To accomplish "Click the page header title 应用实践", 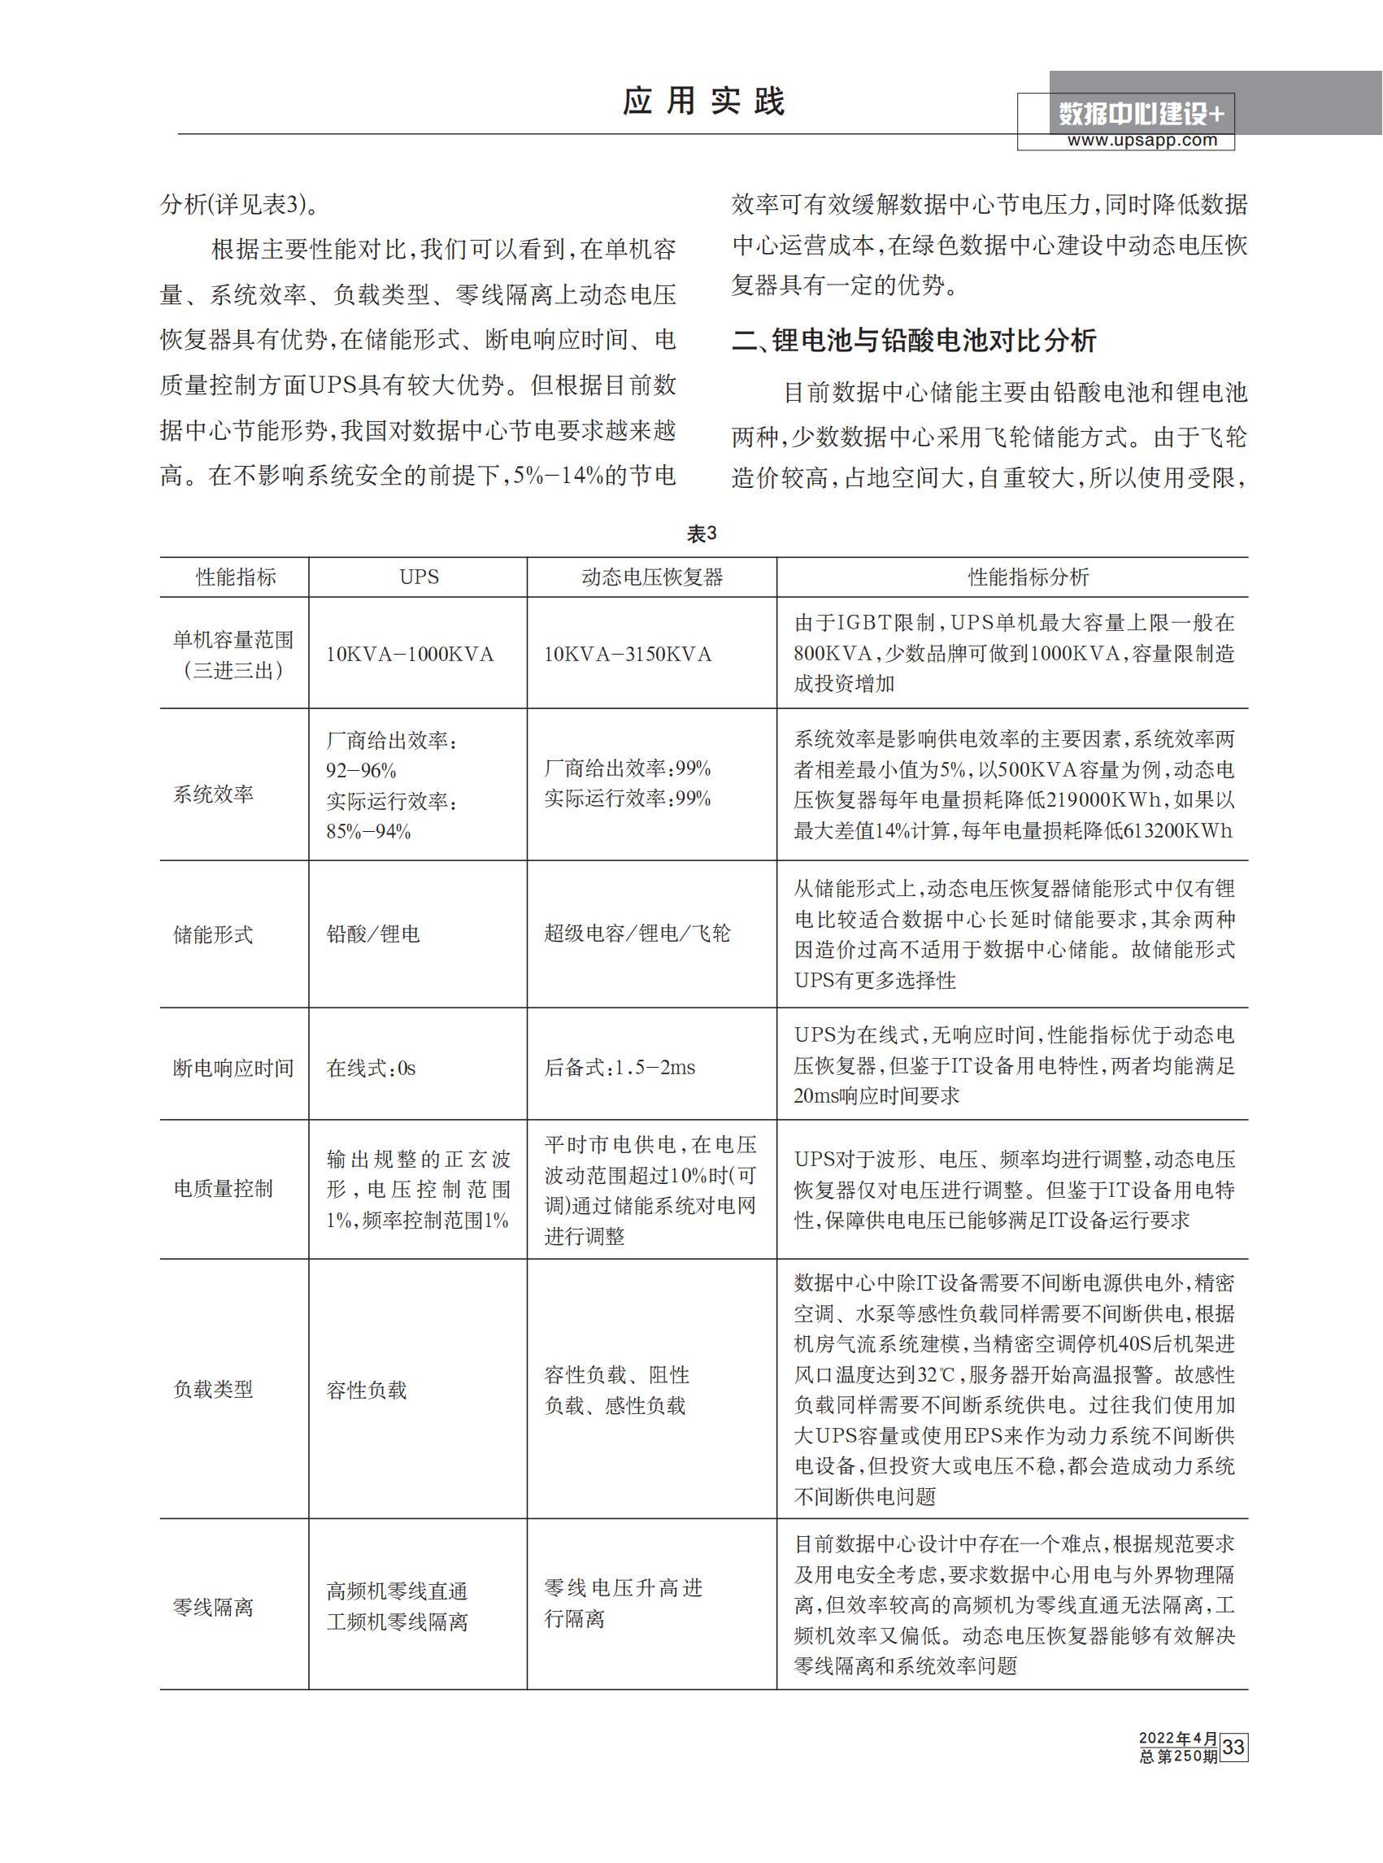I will pos(703,102).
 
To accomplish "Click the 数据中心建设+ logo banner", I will pos(1142,113).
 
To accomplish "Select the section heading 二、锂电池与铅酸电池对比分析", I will pos(913,341).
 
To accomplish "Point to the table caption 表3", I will pos(702,534).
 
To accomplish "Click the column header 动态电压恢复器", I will pos(651,577).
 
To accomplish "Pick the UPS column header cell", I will pos(419,577).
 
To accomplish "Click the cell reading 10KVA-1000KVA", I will pos(410,655).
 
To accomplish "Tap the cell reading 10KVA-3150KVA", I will pos(627,655).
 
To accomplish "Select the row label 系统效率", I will pos(214,794).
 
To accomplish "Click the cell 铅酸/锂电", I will pos(373,934).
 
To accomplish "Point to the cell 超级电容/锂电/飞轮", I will pos(637,934).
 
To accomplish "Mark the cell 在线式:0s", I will pos(371,1069).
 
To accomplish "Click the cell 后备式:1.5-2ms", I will pos(620,1068).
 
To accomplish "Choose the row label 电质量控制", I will pos(223,1189).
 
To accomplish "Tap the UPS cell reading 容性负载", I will pos(366,1391).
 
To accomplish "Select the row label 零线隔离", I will pos(214,1608).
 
